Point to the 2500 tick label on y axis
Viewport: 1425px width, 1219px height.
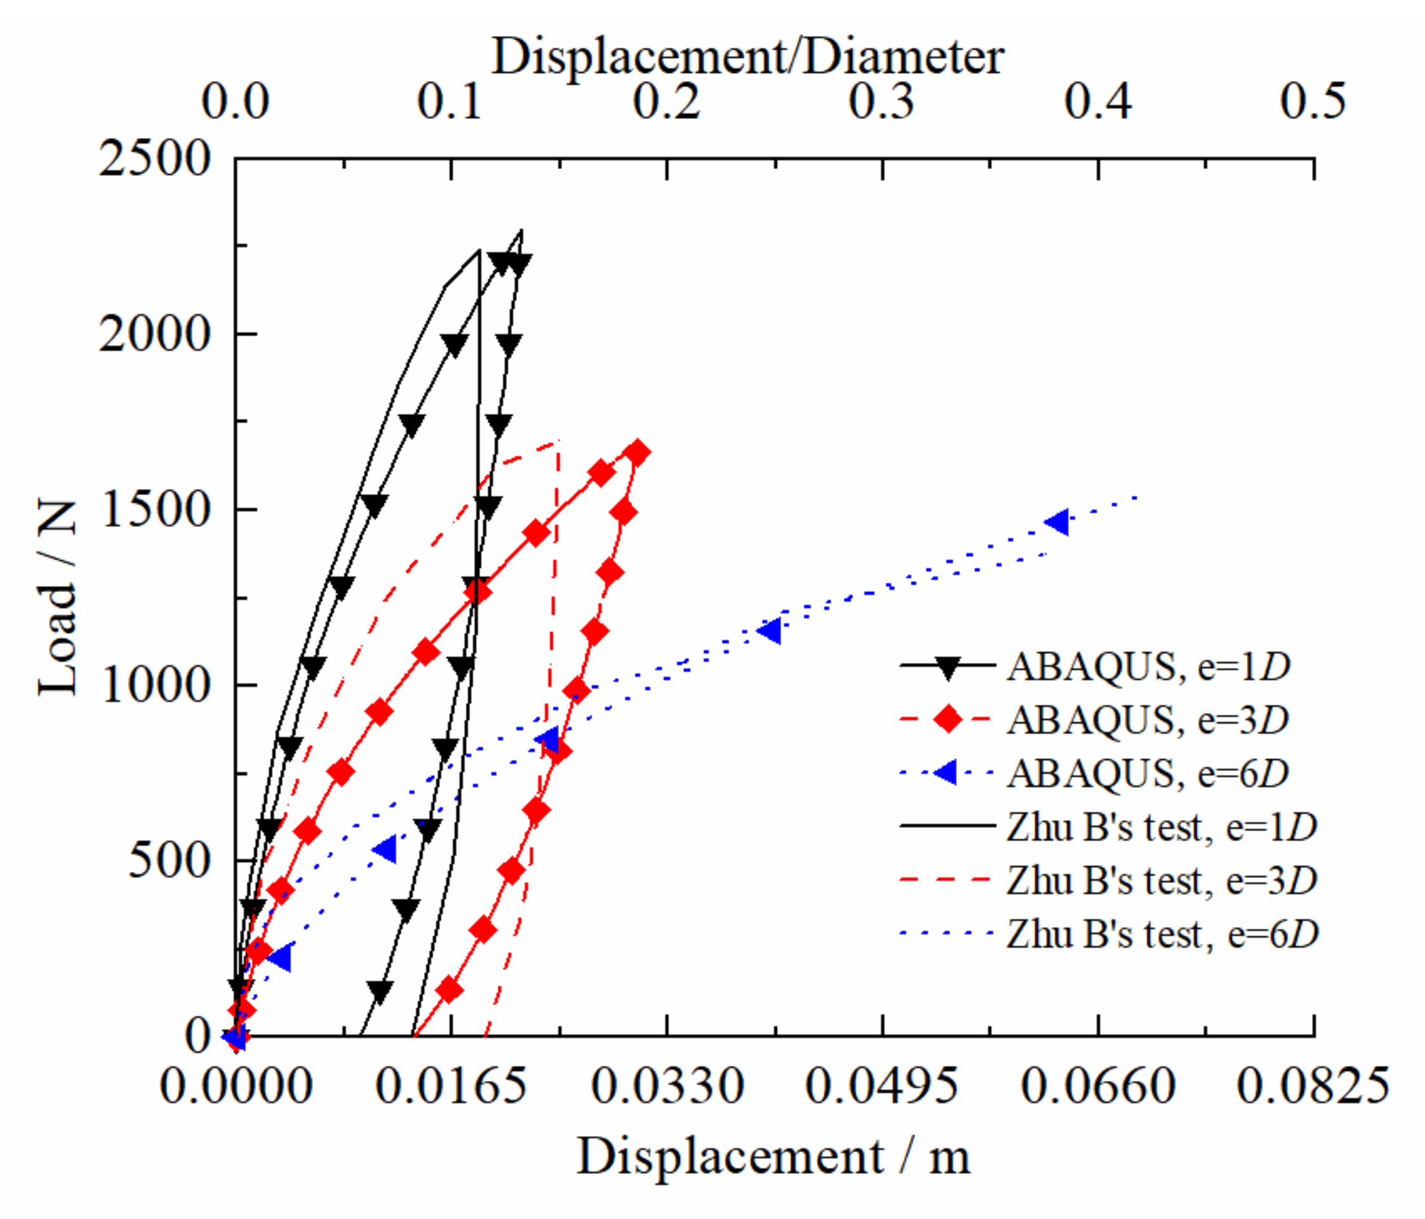coord(153,159)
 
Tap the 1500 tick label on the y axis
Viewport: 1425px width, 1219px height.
coord(155,510)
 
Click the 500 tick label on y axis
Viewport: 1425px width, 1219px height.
coord(169,860)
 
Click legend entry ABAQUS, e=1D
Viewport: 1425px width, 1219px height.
coord(1149,666)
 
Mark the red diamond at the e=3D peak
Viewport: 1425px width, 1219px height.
coord(637,453)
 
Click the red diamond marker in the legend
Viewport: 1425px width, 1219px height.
coord(948,719)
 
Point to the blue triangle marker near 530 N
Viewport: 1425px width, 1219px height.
coord(386,850)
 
